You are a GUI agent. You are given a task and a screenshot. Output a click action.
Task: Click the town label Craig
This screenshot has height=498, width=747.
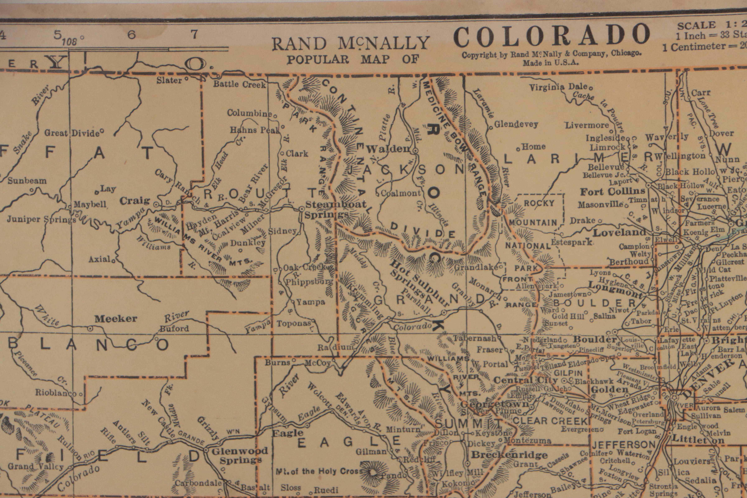point(135,201)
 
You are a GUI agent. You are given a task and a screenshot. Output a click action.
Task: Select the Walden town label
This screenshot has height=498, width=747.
point(388,149)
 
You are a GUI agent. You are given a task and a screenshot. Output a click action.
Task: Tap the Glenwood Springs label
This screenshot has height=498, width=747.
point(240,455)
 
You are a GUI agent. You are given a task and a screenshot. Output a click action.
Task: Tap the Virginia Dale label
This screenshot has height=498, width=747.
point(559,87)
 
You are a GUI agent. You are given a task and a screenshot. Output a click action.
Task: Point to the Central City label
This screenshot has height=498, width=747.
point(525,380)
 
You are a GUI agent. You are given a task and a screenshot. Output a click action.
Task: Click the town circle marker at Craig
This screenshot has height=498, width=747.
point(156,205)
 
